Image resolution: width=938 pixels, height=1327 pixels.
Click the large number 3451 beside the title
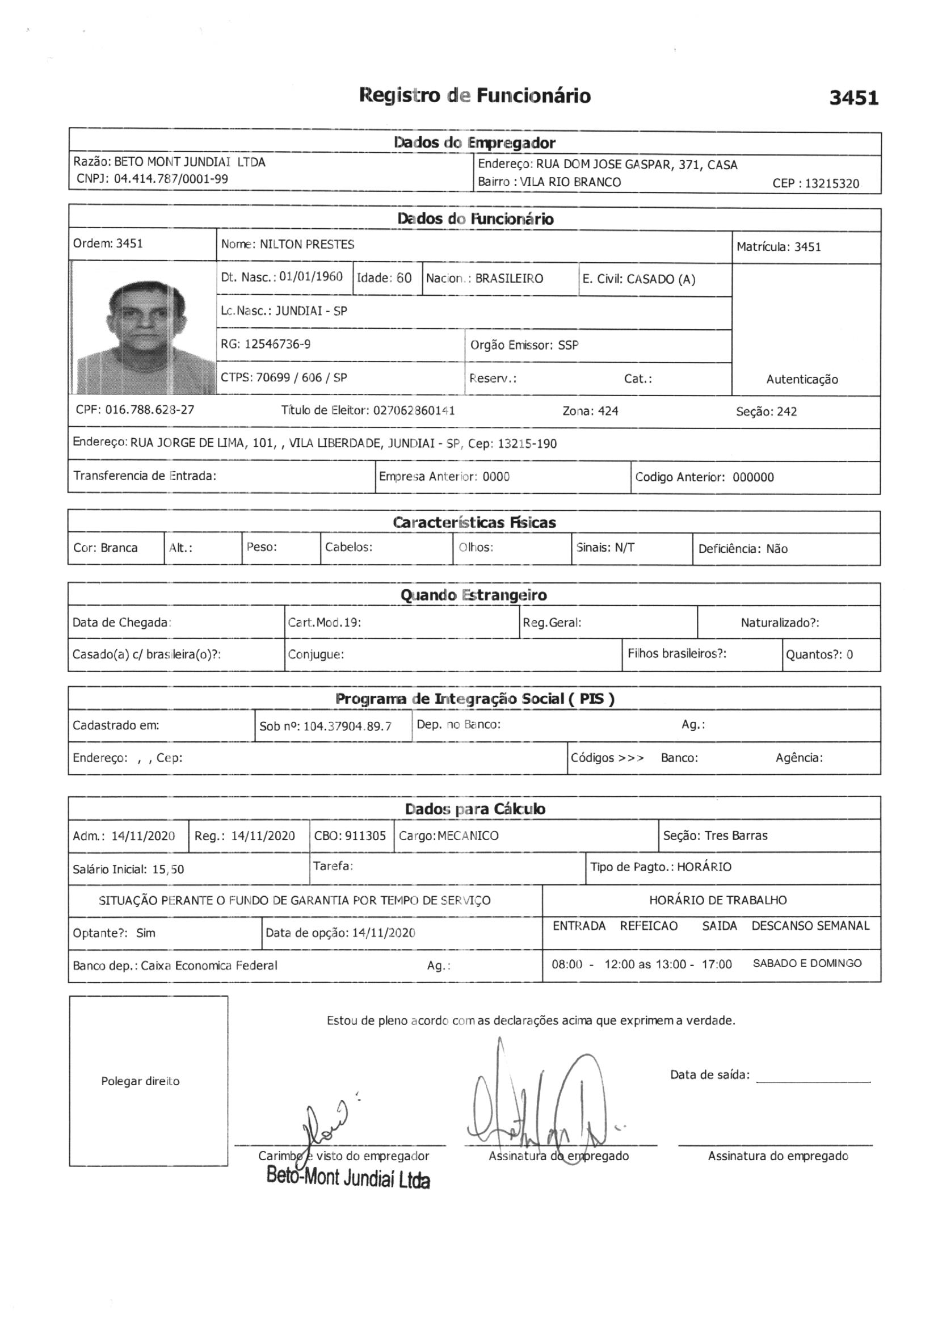click(x=853, y=98)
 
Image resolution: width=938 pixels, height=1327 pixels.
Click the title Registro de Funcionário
click(x=474, y=95)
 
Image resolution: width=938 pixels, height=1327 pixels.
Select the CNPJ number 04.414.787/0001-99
click(x=170, y=179)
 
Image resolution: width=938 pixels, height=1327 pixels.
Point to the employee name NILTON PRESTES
click(x=307, y=245)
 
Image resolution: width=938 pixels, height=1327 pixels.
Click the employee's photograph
click(x=144, y=327)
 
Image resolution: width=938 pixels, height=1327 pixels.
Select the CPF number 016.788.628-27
click(x=149, y=410)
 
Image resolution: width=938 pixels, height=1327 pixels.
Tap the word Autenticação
click(x=802, y=379)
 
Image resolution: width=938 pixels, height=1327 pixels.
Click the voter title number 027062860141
click(x=414, y=410)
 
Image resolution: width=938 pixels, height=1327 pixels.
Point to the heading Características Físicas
click(x=474, y=523)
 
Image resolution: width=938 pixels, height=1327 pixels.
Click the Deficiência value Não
click(x=776, y=548)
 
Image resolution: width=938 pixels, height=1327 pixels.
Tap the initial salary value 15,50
click(x=167, y=870)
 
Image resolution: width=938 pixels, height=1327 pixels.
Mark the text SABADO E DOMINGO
click(x=807, y=963)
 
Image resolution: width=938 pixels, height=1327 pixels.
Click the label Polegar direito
click(x=140, y=1081)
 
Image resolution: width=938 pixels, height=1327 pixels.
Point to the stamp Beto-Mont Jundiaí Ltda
click(x=348, y=1178)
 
